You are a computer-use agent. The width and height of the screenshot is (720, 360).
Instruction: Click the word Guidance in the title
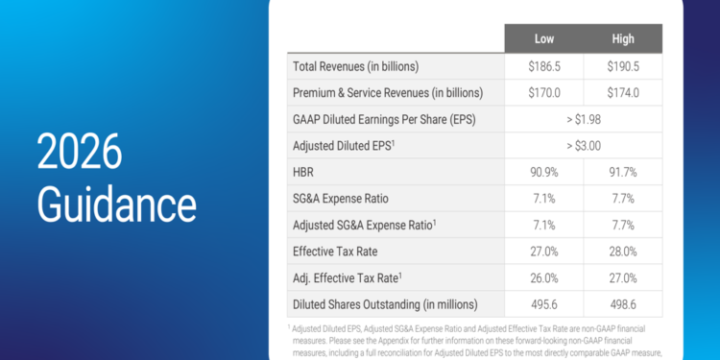click(x=116, y=204)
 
